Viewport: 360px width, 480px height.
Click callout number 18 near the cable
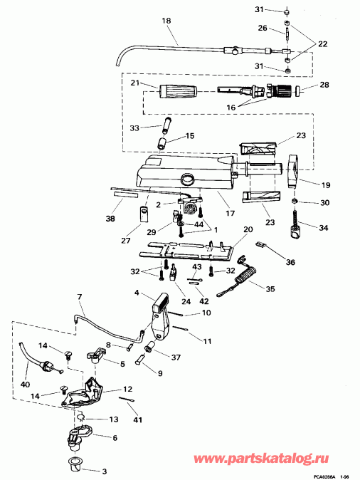(167, 22)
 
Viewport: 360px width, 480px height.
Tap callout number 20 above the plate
(248, 230)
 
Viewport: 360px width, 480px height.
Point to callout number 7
(80, 296)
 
